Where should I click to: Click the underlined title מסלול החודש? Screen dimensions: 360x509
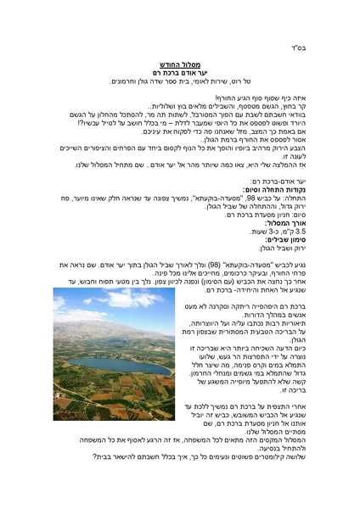(x=179, y=64)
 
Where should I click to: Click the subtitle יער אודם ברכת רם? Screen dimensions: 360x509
(x=179, y=73)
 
